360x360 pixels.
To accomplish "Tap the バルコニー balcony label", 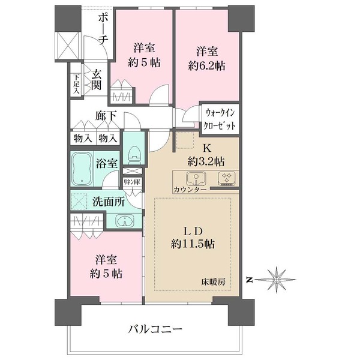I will point(155,329).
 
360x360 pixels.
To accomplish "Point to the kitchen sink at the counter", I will point(195,179).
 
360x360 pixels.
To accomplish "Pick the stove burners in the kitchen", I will point(227,179).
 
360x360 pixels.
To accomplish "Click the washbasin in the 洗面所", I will point(124,220).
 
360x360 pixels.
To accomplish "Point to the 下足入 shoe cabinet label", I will point(76,83).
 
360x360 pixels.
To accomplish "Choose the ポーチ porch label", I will point(103,28).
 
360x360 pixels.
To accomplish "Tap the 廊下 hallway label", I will point(106,116).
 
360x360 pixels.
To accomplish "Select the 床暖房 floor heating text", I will point(213,281).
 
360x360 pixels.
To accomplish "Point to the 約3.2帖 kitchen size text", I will point(205,160).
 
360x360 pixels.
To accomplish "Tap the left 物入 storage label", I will point(82,138).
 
